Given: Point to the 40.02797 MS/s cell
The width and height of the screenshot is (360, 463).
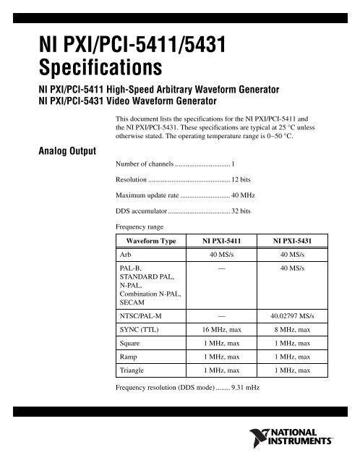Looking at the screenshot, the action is pyautogui.click(x=296, y=315).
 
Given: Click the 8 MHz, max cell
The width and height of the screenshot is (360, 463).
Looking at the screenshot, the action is pyautogui.click(x=297, y=330).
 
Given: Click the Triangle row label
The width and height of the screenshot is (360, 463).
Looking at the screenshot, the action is pyautogui.click(x=134, y=370).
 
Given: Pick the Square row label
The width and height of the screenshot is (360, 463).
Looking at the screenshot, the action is pyautogui.click(x=132, y=343).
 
